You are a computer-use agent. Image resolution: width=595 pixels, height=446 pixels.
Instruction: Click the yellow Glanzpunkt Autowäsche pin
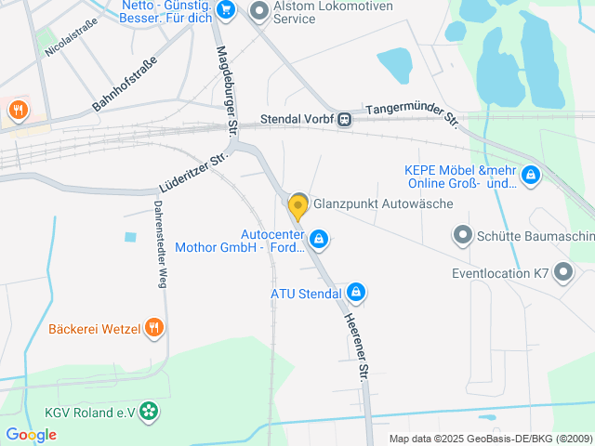297,205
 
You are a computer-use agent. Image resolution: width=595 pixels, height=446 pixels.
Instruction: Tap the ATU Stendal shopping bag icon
355,294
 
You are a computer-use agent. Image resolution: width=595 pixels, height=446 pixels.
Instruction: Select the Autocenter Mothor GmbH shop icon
319,241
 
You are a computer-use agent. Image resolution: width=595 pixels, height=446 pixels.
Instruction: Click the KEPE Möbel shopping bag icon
530,175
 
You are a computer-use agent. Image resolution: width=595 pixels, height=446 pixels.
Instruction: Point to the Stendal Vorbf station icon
345,119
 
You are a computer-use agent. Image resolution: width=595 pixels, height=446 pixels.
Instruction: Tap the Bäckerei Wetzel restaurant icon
154,327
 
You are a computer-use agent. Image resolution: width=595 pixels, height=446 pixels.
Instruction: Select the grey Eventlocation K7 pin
563,272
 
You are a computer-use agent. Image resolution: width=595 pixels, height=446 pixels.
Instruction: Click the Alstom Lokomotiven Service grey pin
259,11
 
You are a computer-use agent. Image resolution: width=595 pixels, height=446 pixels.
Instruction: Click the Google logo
31,434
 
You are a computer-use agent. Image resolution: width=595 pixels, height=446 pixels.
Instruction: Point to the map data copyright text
490,439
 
